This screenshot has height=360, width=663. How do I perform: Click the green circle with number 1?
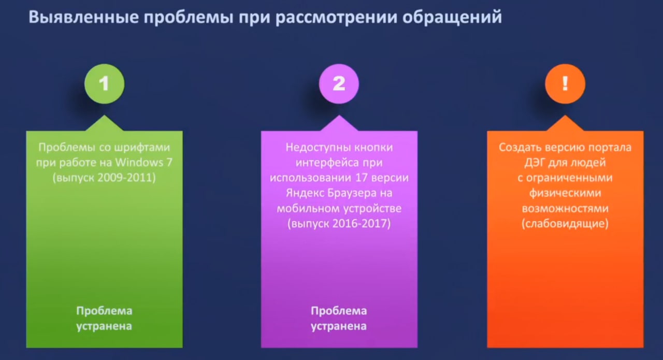click(105, 84)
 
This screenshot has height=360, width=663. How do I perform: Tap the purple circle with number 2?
click(339, 84)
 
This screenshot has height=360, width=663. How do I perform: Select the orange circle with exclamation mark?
click(565, 84)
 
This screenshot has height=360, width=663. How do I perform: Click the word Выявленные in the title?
click(84, 17)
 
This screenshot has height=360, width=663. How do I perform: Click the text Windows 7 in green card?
click(144, 162)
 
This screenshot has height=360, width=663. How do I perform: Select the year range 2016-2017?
click(361, 223)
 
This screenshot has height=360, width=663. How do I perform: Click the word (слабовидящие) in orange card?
click(565, 224)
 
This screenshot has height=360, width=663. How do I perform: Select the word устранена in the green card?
click(104, 326)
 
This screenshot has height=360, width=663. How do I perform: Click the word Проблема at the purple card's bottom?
click(339, 311)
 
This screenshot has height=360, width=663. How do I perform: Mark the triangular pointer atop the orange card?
click(565, 123)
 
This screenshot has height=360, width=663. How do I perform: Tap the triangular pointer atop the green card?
click(105, 123)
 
